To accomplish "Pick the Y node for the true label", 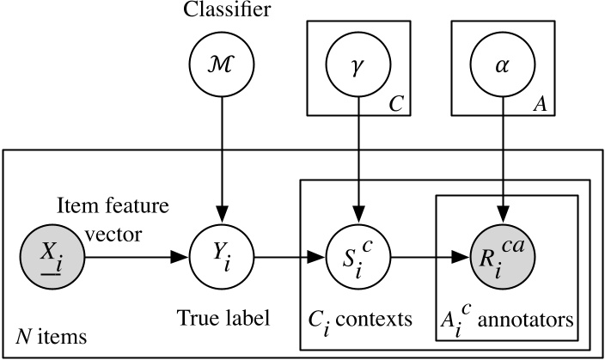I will (x=223, y=256).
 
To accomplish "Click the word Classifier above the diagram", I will (x=223, y=11).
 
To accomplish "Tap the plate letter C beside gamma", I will (x=396, y=104).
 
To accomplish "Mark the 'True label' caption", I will (x=223, y=318).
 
